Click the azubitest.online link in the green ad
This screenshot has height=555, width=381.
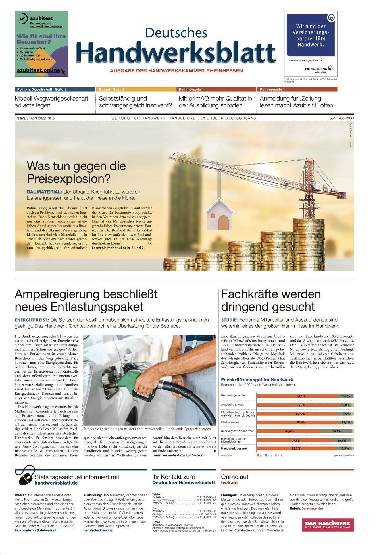(x=38, y=70)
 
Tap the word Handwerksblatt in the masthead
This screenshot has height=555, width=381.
(x=176, y=53)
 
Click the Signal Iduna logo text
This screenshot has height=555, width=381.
(x=316, y=69)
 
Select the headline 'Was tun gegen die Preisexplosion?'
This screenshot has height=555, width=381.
(x=76, y=172)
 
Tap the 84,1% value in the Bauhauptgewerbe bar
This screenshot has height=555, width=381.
(x=301, y=396)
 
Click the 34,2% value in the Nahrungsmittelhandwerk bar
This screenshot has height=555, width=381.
(x=336, y=431)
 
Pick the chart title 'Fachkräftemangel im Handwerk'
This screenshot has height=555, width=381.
(x=257, y=380)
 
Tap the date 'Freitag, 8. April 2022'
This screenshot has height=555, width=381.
(x=30, y=118)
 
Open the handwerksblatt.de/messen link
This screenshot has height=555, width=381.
(x=35, y=530)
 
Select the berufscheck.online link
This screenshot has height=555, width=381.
(x=98, y=530)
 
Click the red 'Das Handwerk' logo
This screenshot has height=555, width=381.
(x=328, y=525)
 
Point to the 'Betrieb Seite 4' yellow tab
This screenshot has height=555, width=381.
(x=112, y=89)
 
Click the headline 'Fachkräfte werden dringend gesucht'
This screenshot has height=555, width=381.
(x=271, y=300)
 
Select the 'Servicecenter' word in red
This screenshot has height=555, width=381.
(x=312, y=508)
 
